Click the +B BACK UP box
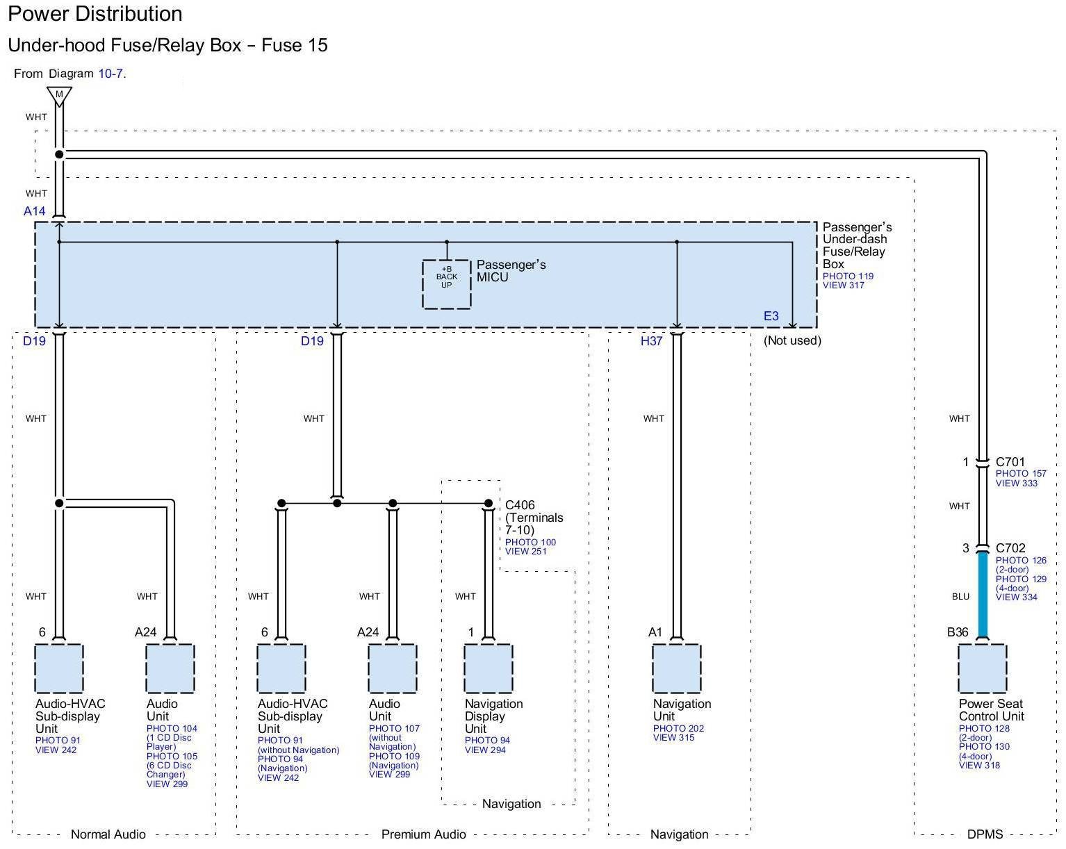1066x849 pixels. coord(446,284)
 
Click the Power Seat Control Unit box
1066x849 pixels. coord(983,668)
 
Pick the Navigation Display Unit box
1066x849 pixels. coord(489,668)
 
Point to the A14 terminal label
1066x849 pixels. coord(35,211)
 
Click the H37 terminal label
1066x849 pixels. coord(651,341)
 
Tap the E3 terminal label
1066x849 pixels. coord(771,316)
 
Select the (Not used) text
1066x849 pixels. coord(793,341)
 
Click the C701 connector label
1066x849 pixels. coord(1010,461)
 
